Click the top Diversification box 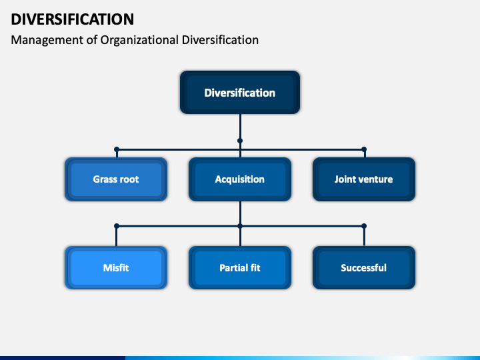[x=240, y=93]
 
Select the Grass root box [x=116, y=179]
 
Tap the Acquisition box [x=240, y=179]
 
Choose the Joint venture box [x=364, y=179]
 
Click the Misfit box [x=116, y=268]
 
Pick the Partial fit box [x=240, y=268]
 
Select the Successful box [x=364, y=268]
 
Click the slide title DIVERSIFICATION [x=73, y=19]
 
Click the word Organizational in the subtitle [x=139, y=40]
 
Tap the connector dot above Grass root [x=117, y=149]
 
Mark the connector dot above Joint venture [x=364, y=149]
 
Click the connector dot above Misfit [x=117, y=226]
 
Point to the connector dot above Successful [x=364, y=226]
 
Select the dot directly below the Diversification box [x=240, y=141]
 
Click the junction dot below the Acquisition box [x=240, y=226]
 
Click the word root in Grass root [x=129, y=179]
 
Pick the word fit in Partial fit [x=255, y=268]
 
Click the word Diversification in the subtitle [x=220, y=40]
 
